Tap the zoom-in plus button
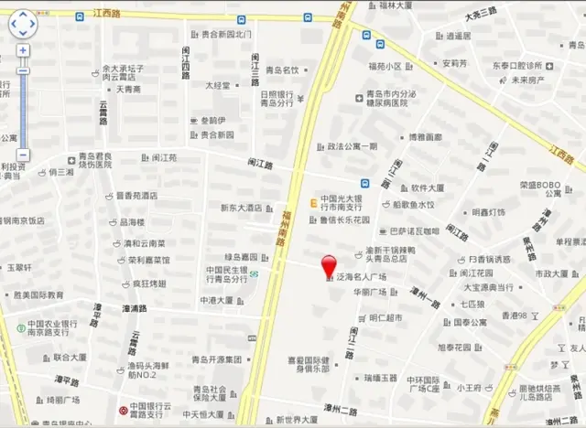(x=23, y=51)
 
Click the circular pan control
(x=23, y=23)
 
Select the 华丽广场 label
(x=371, y=293)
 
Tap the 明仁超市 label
(x=385, y=317)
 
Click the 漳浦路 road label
(x=134, y=308)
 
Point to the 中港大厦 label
(x=221, y=299)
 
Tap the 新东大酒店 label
(x=241, y=208)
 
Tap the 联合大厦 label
(x=69, y=358)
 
